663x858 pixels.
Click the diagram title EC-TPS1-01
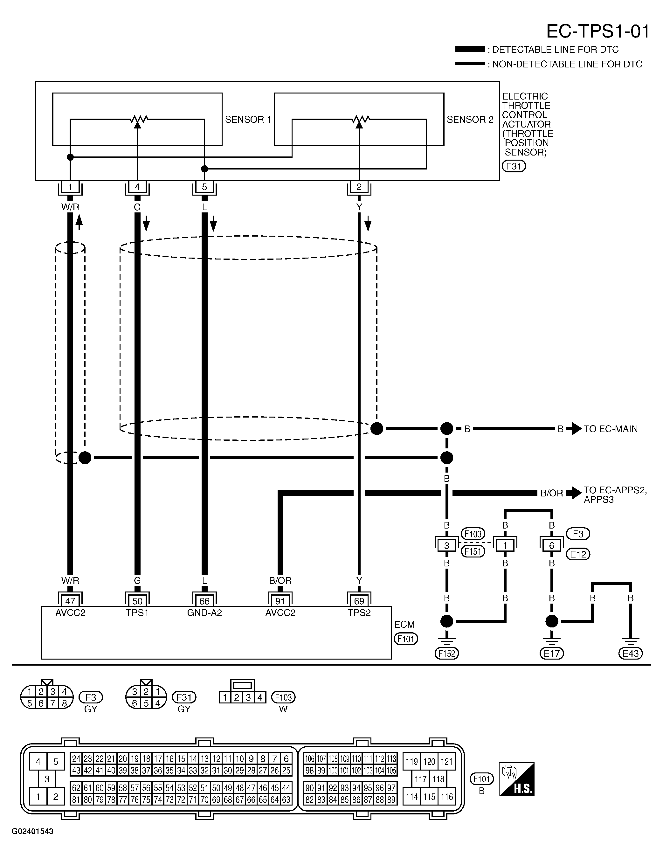pos(597,31)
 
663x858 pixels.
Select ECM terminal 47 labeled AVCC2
pos(70,601)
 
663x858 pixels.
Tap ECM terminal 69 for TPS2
pos(359,601)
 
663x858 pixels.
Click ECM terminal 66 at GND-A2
pos(204,601)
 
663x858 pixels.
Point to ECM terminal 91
pos(280,601)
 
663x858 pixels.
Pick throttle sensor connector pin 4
pos(137,187)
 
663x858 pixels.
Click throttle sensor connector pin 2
pos(359,187)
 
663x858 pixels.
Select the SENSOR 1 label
pos(248,120)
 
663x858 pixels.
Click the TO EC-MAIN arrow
pos(576,429)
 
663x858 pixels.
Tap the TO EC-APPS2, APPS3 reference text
pos(615,495)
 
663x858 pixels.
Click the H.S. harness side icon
pos(516,779)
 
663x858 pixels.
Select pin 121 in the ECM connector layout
pos(446,762)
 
